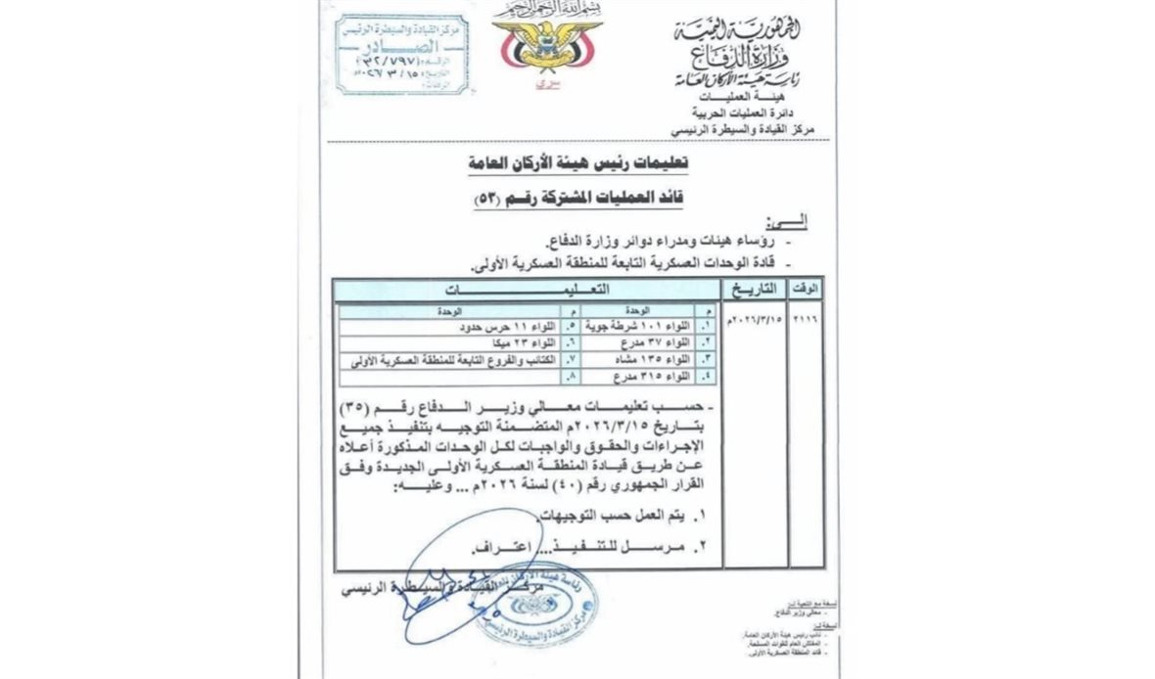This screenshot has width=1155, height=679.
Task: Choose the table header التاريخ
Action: click(761, 289)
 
